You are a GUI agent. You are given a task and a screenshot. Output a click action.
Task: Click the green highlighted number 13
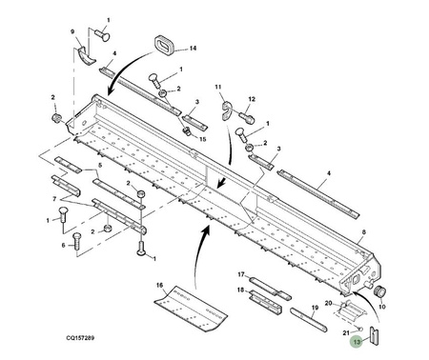(357, 342)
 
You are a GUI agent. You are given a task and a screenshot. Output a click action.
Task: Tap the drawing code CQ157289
(80, 337)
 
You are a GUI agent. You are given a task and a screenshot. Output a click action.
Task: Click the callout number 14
(193, 49)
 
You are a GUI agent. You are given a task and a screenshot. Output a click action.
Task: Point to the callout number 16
(159, 285)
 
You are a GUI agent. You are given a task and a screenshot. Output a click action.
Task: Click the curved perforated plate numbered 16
(191, 307)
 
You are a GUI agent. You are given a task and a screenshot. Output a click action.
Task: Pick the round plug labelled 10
(380, 290)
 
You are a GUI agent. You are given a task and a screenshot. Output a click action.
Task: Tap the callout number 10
(382, 307)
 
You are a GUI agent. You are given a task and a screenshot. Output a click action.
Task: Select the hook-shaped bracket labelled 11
(227, 111)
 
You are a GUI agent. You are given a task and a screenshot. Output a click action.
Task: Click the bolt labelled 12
(246, 117)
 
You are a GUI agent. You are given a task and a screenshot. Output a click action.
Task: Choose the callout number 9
(72, 31)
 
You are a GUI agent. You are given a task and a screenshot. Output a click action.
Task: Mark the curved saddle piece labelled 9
(87, 55)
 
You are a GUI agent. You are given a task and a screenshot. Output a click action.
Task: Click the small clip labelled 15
(187, 130)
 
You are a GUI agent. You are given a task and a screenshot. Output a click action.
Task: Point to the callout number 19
(315, 308)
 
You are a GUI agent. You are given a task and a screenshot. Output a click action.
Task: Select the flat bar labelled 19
(308, 320)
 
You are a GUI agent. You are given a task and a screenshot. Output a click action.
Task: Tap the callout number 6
(63, 245)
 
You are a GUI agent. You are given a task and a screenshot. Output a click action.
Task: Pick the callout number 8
(364, 232)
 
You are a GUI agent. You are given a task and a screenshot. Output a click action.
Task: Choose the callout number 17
(241, 274)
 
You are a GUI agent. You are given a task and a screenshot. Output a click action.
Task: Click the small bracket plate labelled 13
(374, 335)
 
